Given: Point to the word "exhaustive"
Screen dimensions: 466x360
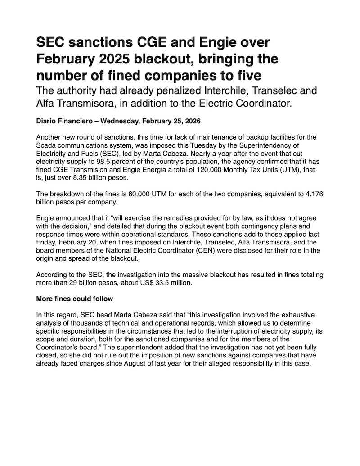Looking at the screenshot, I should (310, 313).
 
